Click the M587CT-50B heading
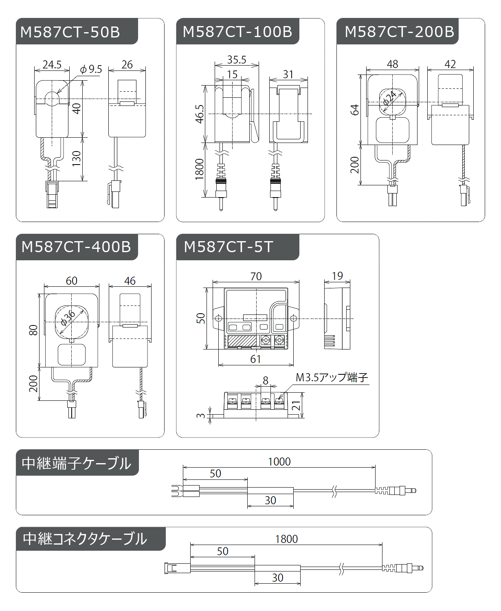pyautogui.click(x=70, y=32)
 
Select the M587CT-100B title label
pyautogui.click(x=237, y=32)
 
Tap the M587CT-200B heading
pyautogui.click(x=399, y=32)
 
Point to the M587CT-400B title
pyautogui.click(x=76, y=247)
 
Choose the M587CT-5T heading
pyautogui.click(x=228, y=247)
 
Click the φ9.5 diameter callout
pyautogui.click(x=91, y=69)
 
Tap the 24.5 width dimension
pyautogui.click(x=52, y=65)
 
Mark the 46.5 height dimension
pyautogui.click(x=200, y=114)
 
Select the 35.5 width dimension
pyautogui.click(x=237, y=60)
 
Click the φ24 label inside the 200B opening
pyautogui.click(x=390, y=98)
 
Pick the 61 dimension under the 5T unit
pyautogui.click(x=255, y=359)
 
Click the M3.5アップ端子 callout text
pyautogui.click(x=332, y=378)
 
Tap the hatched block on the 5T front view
pyautogui.click(x=242, y=341)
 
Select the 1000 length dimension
pyautogui.click(x=279, y=462)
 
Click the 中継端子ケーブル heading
pyautogui.click(x=77, y=463)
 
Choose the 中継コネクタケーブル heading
pyautogui.click(x=85, y=539)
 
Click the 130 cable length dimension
pyautogui.click(x=77, y=158)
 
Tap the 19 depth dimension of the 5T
pyautogui.click(x=337, y=276)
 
